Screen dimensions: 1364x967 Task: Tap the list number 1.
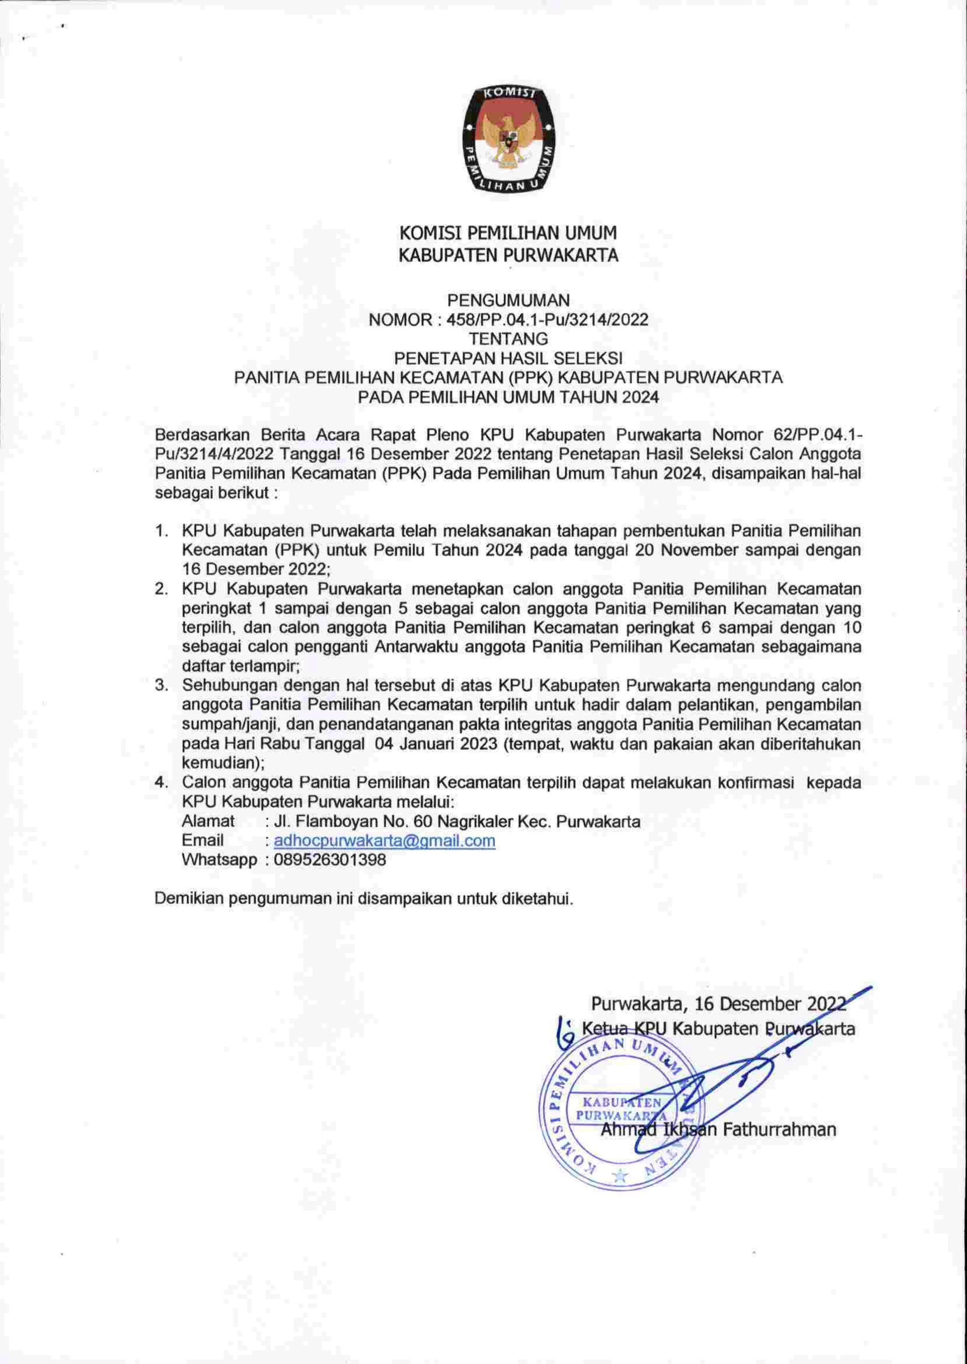pos(160,530)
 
